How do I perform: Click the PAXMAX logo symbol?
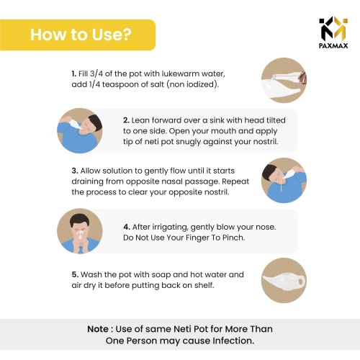[x=333, y=28]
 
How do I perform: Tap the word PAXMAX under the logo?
[x=333, y=45]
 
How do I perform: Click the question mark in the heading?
[x=127, y=35]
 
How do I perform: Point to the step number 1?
[x=74, y=73]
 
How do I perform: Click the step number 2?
[x=126, y=120]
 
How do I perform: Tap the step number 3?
[x=75, y=171]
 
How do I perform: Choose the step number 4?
[x=127, y=227]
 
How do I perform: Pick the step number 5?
[x=75, y=274]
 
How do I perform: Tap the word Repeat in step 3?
[x=235, y=181]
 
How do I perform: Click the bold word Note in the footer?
[x=98, y=329]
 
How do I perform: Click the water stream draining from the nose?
[x=281, y=186]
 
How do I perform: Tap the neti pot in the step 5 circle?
[x=284, y=280]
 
